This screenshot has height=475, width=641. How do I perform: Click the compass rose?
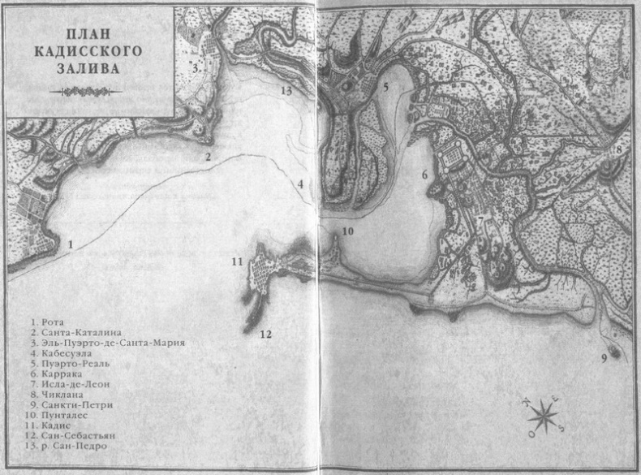point(542,417)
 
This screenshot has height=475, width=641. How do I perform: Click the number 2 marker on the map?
point(208,158)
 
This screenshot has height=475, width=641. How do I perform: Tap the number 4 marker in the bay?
point(300,184)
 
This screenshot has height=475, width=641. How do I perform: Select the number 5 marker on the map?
point(386,87)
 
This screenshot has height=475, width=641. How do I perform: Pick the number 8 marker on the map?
point(618,149)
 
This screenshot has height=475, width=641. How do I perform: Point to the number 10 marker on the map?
point(347,231)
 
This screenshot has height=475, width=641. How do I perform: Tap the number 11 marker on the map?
point(236,261)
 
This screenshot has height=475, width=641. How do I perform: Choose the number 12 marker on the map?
point(265,334)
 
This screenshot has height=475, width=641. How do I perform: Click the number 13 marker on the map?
point(286,90)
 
